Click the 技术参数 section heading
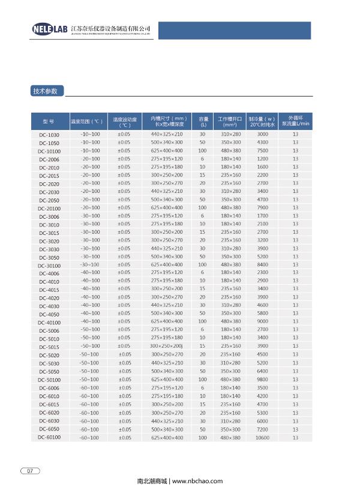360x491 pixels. [45, 92]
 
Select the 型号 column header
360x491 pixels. [49, 122]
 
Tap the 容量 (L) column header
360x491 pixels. [203, 122]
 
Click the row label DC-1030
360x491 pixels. [49, 135]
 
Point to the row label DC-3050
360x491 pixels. [49, 257]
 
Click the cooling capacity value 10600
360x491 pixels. [262, 438]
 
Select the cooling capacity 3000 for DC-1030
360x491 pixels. [262, 134]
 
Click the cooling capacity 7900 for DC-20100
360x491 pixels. [262, 207]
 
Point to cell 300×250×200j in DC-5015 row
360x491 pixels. [167, 346]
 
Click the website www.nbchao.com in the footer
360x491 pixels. [197, 481]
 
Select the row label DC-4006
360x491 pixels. [49, 273]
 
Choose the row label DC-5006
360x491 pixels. [49, 331]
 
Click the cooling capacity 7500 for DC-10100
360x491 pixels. [262, 150]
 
